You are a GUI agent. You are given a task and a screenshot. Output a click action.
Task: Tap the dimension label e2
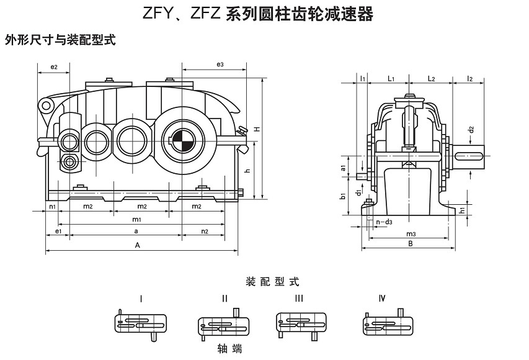point(54,66)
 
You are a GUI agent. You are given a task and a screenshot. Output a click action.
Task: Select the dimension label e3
point(220,65)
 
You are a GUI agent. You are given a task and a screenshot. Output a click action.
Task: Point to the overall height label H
point(265,128)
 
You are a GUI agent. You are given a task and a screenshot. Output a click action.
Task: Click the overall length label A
point(138,246)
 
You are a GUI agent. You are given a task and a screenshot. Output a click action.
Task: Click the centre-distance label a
point(136,230)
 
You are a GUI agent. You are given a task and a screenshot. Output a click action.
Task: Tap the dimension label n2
point(205,231)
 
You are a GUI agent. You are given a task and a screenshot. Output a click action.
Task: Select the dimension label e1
point(58,231)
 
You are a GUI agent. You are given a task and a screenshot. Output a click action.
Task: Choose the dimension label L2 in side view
point(432,78)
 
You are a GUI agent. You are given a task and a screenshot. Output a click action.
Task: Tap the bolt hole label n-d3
point(385,221)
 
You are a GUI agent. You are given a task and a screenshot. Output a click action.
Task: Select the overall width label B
point(410,245)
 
